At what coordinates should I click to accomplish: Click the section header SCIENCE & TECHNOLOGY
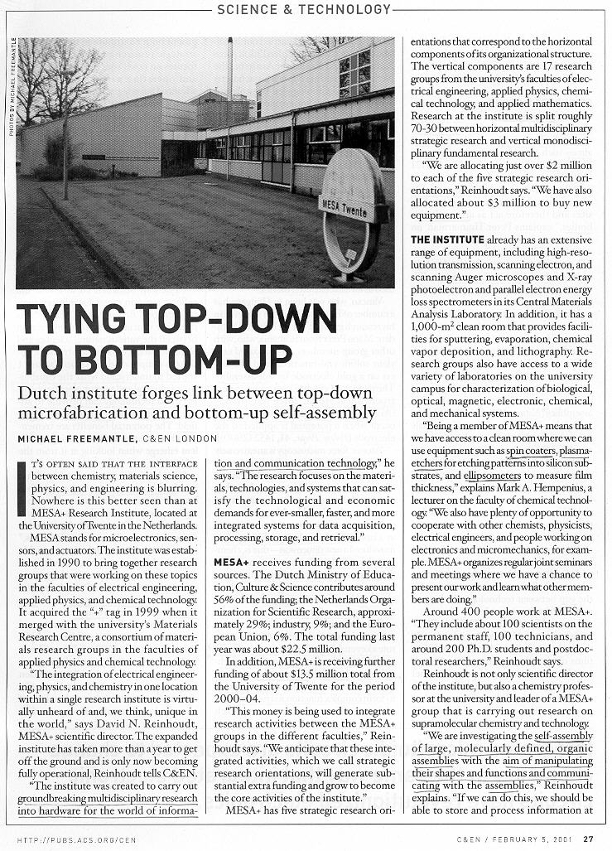point(302,9)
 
